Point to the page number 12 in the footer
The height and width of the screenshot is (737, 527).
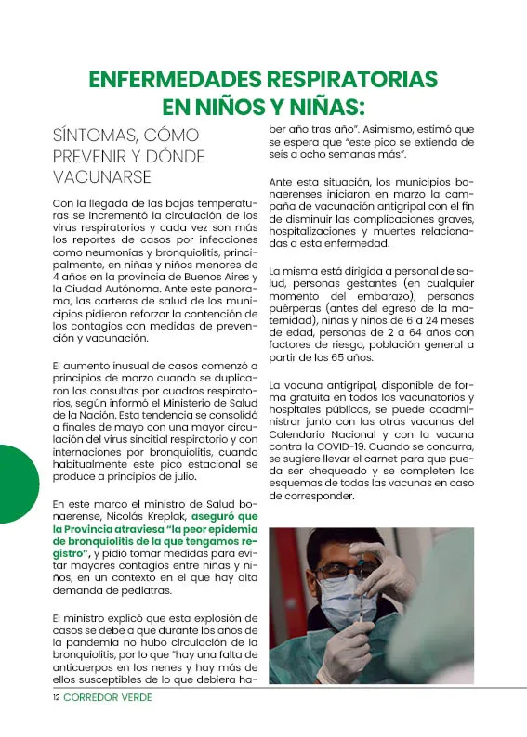[x=56, y=697]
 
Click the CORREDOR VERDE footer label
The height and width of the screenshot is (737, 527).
[x=108, y=697]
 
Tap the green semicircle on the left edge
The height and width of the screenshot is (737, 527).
[x=17, y=484]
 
